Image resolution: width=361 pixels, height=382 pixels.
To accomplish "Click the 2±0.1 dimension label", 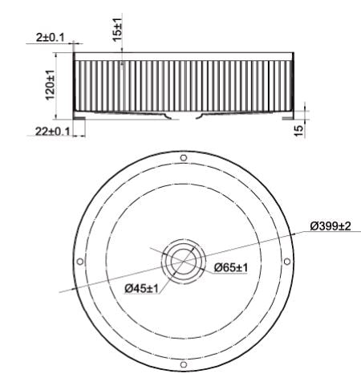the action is (x=51, y=38).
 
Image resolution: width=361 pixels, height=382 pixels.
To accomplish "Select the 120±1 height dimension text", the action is (x=50, y=85).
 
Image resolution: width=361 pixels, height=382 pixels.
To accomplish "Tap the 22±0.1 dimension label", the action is (x=52, y=132).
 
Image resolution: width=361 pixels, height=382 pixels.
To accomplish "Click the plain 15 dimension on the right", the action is (x=299, y=131).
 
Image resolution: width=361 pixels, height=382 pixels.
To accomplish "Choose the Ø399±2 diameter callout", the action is (x=330, y=226).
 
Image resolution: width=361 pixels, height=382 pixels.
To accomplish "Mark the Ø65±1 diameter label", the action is (x=231, y=267).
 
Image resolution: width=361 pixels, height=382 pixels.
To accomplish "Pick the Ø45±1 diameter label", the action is (x=141, y=288).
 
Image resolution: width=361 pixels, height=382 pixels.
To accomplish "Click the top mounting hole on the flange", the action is (x=184, y=158).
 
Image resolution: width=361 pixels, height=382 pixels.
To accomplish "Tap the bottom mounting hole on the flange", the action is (x=184, y=364).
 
